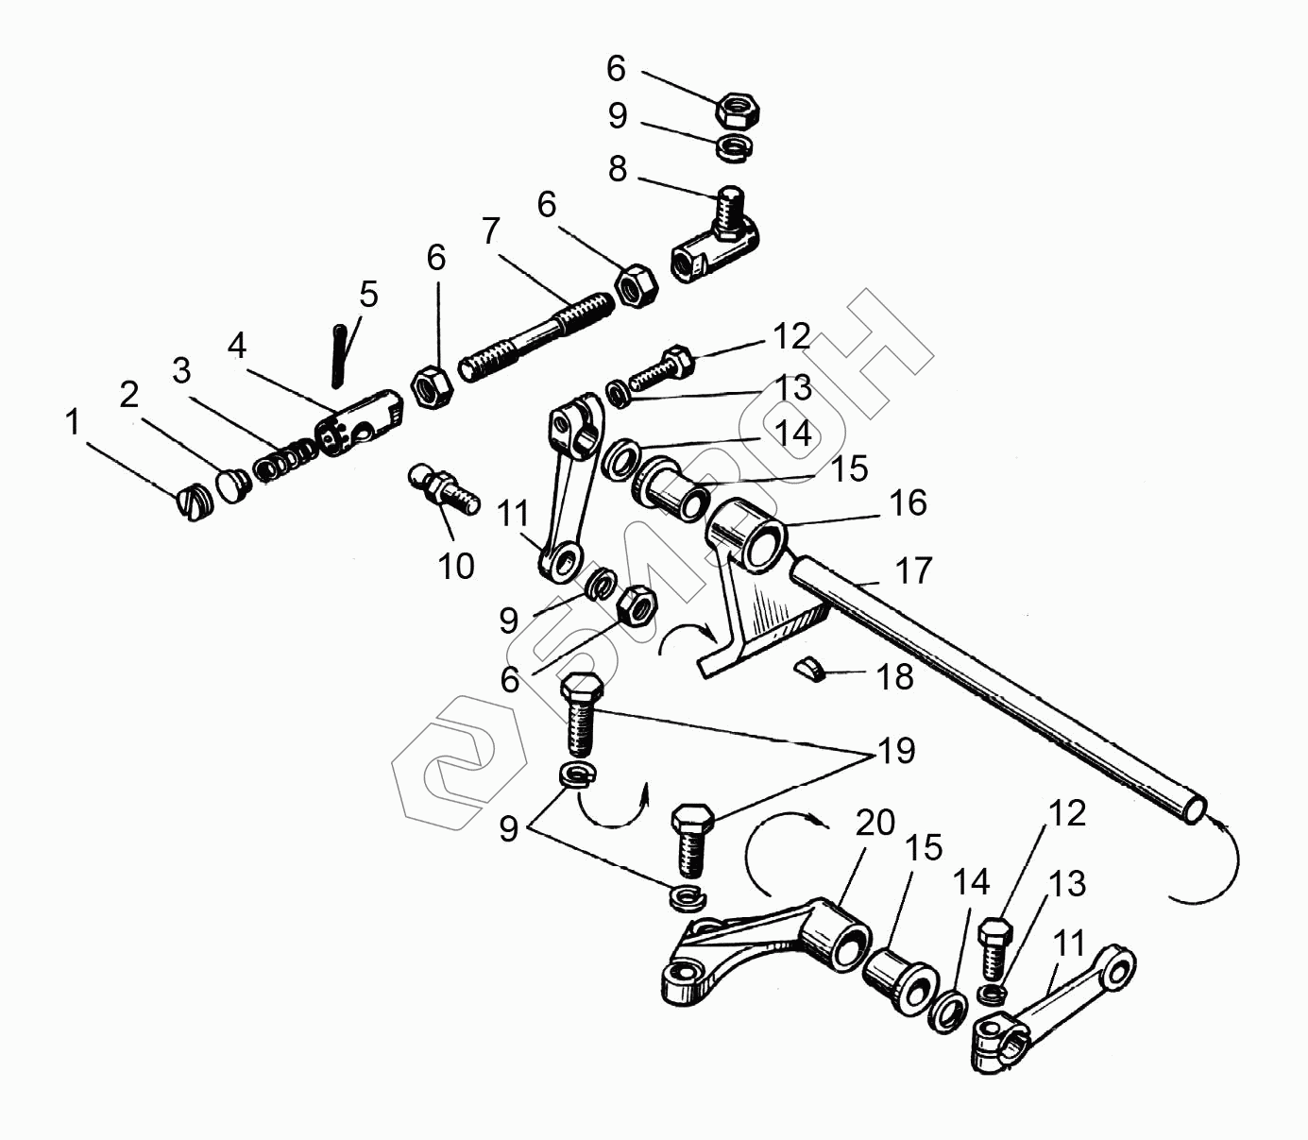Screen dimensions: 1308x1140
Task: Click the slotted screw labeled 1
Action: coord(195,502)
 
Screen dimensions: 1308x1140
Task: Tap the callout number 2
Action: coord(129,395)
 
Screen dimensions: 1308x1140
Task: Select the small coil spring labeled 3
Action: coord(284,460)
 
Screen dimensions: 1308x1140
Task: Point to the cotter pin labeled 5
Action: coord(340,355)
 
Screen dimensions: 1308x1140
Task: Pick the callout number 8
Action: coord(617,169)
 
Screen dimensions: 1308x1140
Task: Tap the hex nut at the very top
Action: coord(738,111)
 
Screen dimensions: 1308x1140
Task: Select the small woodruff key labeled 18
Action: coord(808,669)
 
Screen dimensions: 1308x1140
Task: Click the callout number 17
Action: coord(913,570)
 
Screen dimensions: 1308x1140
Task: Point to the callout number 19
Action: coord(896,751)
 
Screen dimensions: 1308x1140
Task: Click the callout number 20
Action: coord(875,823)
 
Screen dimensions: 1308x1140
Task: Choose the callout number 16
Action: coord(908,503)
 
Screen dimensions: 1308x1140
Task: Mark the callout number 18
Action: coord(894,677)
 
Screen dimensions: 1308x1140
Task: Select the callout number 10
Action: coord(456,567)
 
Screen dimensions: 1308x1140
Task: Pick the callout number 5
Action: coord(368,295)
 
